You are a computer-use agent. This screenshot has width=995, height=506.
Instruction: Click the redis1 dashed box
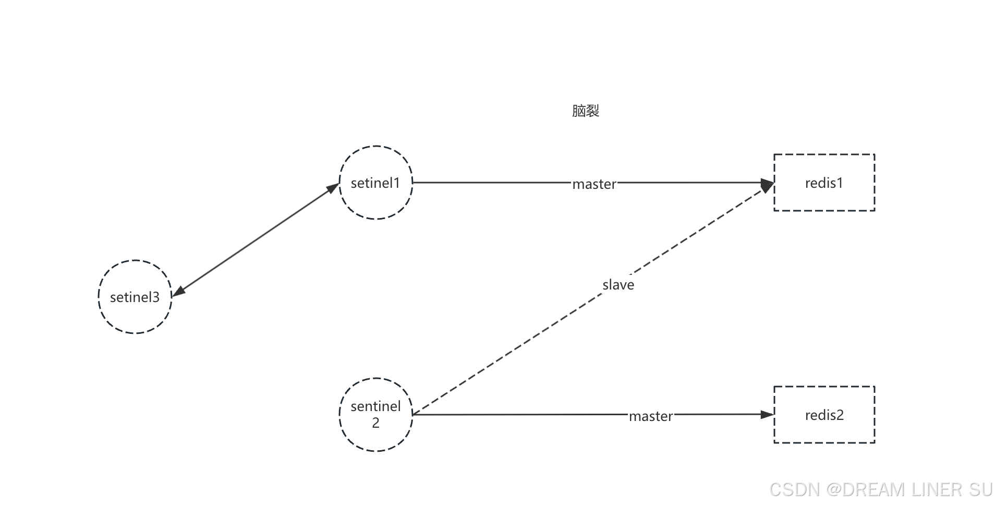[x=824, y=198]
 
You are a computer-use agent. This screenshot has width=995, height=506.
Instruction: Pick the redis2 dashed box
[x=824, y=430]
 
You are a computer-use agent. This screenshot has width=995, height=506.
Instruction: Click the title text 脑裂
[x=586, y=111]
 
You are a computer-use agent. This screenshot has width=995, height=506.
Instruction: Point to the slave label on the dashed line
[x=618, y=285]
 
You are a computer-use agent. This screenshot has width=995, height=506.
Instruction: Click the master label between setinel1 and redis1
[x=594, y=184]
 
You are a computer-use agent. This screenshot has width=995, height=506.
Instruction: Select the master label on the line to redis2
[x=650, y=416]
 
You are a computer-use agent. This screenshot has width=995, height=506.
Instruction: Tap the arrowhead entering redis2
[x=767, y=415]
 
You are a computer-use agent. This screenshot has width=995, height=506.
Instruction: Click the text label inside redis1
[x=824, y=183]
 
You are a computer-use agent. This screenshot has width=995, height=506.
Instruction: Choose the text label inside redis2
[x=824, y=415]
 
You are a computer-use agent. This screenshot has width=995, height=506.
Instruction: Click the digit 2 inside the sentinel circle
[x=375, y=423]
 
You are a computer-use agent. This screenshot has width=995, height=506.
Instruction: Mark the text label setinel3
[x=135, y=297]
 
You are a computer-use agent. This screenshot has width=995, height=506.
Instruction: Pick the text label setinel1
[x=375, y=183]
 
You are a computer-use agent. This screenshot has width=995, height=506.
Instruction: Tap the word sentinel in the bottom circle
[x=375, y=406]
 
